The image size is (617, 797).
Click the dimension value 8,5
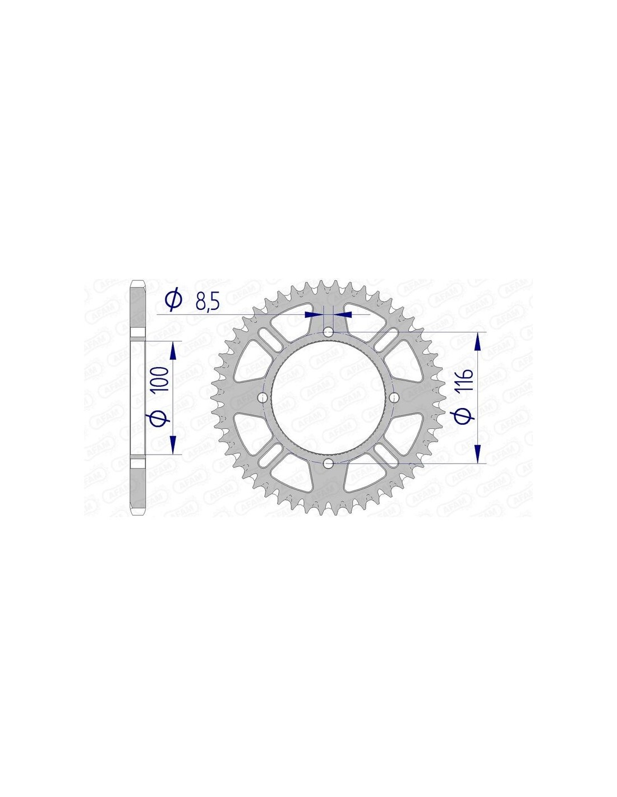[206, 304]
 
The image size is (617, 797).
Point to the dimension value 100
[162, 379]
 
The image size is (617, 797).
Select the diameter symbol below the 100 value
[160, 418]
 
